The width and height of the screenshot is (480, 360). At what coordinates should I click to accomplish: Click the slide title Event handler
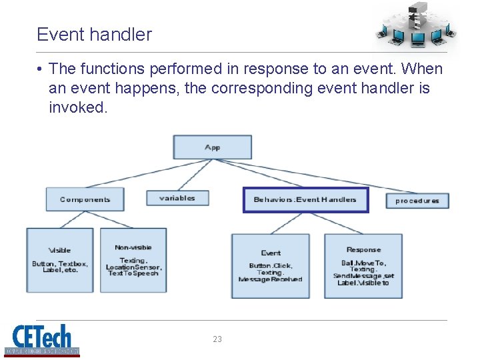94,35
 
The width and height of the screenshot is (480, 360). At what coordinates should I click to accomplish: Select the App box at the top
212,147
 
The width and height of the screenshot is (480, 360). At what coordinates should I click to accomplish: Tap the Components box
85,199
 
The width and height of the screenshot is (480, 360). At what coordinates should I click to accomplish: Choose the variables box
177,198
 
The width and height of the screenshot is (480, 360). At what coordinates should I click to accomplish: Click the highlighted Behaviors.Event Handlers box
305,199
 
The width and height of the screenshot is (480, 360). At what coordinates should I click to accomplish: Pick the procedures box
417,200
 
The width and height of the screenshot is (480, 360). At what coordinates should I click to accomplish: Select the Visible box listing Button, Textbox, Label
59,260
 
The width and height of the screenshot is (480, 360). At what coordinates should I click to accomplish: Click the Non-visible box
133,260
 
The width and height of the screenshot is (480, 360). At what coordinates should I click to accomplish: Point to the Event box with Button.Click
270,265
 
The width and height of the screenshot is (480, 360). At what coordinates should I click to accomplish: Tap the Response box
363,265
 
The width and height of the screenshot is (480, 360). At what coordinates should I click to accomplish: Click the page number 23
217,339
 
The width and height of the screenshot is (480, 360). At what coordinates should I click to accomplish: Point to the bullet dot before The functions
41,69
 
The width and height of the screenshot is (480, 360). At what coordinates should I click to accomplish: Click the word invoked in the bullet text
77,107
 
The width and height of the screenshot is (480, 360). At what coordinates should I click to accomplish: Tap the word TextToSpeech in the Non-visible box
133,273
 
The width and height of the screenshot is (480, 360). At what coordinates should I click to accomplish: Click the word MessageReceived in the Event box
270,279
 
